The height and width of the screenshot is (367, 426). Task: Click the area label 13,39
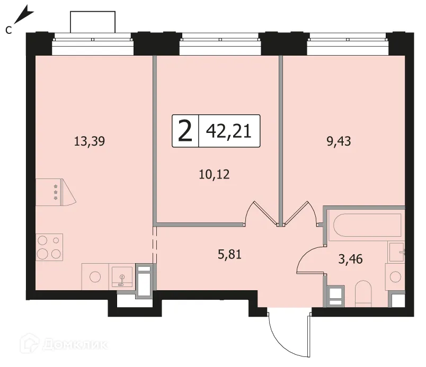(90, 141)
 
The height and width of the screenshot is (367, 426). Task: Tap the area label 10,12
(215, 174)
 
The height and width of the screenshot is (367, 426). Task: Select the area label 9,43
(339, 141)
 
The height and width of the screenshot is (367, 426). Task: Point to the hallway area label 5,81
(229, 254)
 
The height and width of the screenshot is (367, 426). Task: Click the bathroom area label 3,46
(350, 259)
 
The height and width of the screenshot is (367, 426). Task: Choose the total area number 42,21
(229, 131)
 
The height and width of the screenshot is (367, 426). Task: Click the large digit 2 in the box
(185, 131)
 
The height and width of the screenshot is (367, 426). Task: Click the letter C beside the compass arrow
(8, 30)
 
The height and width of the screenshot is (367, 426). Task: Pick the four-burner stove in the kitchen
(49, 247)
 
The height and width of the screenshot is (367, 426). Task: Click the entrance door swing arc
(282, 343)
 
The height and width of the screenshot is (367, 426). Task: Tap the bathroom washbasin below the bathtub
(396, 252)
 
